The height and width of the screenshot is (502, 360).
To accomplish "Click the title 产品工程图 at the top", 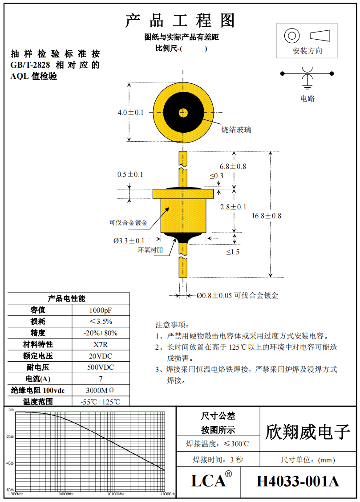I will [x=180, y=20].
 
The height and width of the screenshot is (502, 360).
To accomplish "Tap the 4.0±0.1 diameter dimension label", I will [x=130, y=113].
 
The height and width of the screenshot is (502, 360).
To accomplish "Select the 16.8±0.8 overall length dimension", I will [x=266, y=216].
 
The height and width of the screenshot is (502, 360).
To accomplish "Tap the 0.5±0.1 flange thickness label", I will [x=130, y=174].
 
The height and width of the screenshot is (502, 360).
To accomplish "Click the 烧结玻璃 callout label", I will [x=236, y=130].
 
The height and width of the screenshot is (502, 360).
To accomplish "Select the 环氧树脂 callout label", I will [x=150, y=250].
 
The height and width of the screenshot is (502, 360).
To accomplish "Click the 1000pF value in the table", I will [x=101, y=310].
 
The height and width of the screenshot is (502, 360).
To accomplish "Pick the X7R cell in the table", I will [x=101, y=344].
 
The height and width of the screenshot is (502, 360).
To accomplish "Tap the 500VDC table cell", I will [x=101, y=367].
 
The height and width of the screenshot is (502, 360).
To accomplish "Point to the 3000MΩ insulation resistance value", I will [x=101, y=391].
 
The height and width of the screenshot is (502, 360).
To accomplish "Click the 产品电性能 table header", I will [x=67, y=298].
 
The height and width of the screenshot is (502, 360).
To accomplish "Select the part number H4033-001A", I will [x=298, y=482].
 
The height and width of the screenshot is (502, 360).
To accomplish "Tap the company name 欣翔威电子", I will [x=307, y=432].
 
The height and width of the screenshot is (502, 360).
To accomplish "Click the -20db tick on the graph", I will [x=10, y=437].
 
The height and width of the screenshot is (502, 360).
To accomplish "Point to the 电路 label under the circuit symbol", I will [x=307, y=98].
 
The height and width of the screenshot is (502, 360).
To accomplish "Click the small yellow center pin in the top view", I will [x=183, y=113].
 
